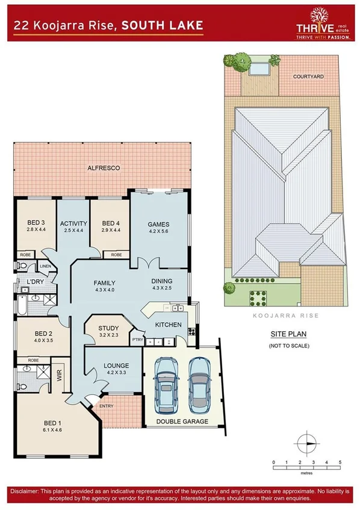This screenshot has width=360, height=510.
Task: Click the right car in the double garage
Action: tap(199, 384)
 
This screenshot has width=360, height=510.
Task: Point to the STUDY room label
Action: tap(108, 328)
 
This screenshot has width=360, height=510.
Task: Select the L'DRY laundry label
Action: tap(34, 282)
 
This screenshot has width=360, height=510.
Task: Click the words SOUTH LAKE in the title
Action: tap(160, 25)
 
